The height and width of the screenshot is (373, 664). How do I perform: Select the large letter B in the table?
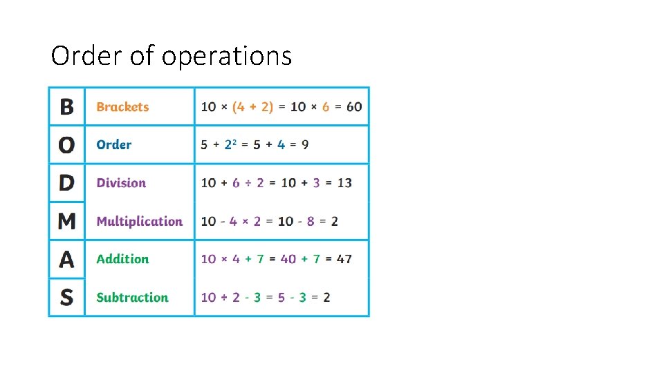click(66, 107)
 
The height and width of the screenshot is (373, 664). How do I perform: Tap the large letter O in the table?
click(66, 145)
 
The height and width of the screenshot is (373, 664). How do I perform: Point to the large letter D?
click(66, 183)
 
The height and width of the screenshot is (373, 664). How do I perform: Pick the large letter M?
click(66, 221)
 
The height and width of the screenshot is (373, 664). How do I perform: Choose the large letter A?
click(66, 259)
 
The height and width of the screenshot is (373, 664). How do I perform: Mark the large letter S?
click(66, 298)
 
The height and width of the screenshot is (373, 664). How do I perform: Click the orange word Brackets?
click(122, 107)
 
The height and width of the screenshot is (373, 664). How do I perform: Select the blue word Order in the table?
click(113, 145)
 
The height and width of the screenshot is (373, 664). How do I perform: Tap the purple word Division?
click(121, 183)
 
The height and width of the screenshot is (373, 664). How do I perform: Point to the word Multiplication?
click(139, 221)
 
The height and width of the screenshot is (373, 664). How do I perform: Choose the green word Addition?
click(122, 259)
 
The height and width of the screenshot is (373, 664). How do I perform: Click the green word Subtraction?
click(132, 298)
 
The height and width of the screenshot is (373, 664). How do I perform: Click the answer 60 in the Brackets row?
click(353, 107)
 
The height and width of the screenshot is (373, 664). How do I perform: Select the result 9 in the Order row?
click(305, 145)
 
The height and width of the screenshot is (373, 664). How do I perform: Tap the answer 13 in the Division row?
click(344, 183)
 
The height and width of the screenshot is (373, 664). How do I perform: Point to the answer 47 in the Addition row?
click(344, 259)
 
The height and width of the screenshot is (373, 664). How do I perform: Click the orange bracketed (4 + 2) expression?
click(252, 107)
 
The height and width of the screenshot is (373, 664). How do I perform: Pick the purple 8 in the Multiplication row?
click(311, 221)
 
